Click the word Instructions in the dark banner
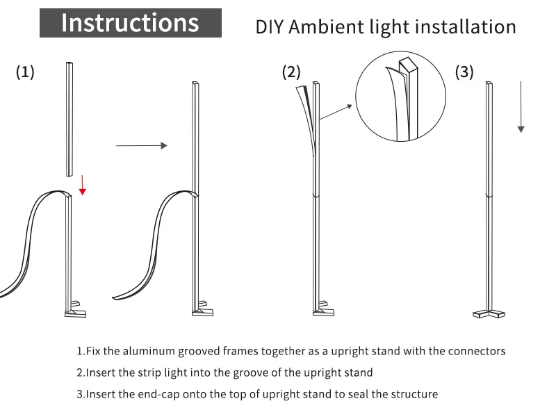(130, 23)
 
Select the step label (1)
(25, 72)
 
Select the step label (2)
(291, 72)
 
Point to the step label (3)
(464, 72)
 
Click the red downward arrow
(82, 185)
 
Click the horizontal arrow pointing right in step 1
(142, 145)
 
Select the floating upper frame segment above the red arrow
(69, 120)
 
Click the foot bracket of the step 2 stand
(322, 307)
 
